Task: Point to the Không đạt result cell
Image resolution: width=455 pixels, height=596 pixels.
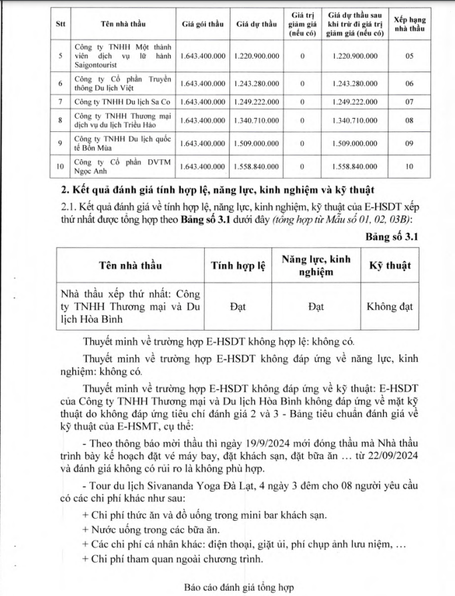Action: click(x=390, y=307)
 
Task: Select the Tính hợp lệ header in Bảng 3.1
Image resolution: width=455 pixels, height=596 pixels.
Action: click(x=238, y=265)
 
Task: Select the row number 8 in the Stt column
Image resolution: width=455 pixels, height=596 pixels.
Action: click(x=61, y=121)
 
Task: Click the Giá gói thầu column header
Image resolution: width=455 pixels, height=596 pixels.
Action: click(x=202, y=23)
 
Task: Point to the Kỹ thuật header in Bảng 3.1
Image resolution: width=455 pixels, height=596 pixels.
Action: click(x=390, y=265)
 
